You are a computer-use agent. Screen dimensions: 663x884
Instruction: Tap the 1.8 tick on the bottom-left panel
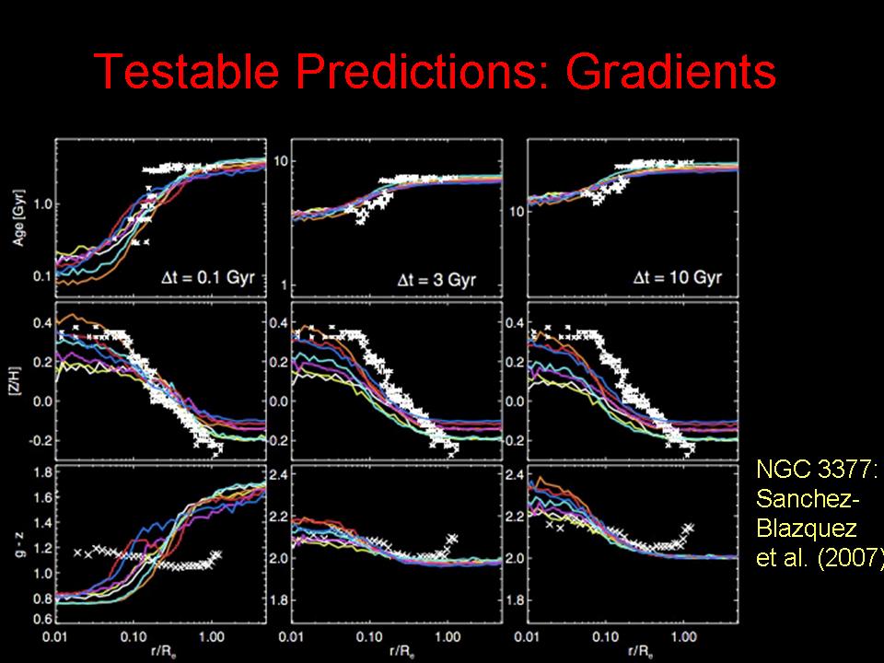point(39,473)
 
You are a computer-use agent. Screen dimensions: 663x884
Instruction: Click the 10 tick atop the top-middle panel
point(279,160)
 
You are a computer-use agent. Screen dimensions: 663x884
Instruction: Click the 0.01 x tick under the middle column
point(292,635)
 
